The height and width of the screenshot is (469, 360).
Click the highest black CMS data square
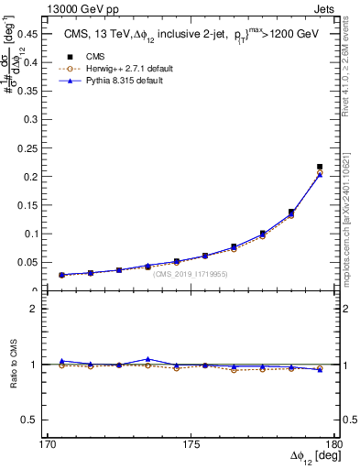click(320, 167)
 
